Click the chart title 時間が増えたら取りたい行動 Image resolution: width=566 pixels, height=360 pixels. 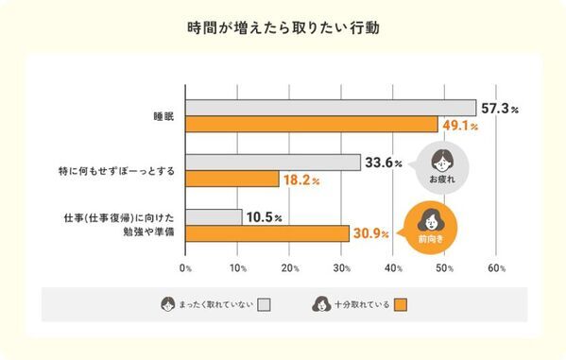283,27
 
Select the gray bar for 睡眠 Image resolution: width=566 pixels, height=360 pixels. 331,108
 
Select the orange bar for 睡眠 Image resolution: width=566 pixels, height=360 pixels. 312,124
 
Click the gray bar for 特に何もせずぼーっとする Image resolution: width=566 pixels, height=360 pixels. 273,163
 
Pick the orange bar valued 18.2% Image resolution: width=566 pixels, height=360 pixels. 232,179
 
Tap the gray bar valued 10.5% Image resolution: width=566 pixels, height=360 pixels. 214,217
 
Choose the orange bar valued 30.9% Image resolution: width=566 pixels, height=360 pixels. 266,233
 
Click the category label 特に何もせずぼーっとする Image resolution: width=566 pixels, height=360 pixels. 117,171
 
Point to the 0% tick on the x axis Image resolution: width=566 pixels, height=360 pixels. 186,268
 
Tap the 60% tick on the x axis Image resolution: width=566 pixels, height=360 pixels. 496,268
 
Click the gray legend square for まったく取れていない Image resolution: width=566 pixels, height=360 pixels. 265,304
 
